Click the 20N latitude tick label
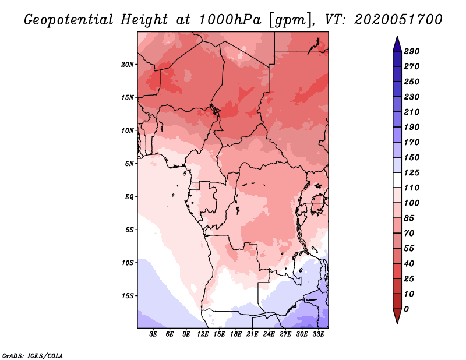(x=128, y=65)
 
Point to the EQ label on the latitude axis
(x=129, y=197)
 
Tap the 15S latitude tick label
(x=128, y=296)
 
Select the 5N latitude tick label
(x=129, y=164)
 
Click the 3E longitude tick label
(x=153, y=334)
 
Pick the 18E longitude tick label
(x=236, y=334)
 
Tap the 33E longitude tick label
(x=318, y=334)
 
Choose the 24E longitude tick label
(x=269, y=334)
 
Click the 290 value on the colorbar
(x=412, y=51)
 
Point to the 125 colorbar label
(x=412, y=172)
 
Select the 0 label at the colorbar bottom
(x=406, y=309)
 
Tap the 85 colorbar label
(x=409, y=218)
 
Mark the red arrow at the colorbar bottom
(x=397, y=316)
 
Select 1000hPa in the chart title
(x=230, y=20)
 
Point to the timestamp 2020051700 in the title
(x=398, y=20)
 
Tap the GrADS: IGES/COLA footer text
(x=33, y=356)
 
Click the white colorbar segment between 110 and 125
(x=397, y=180)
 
